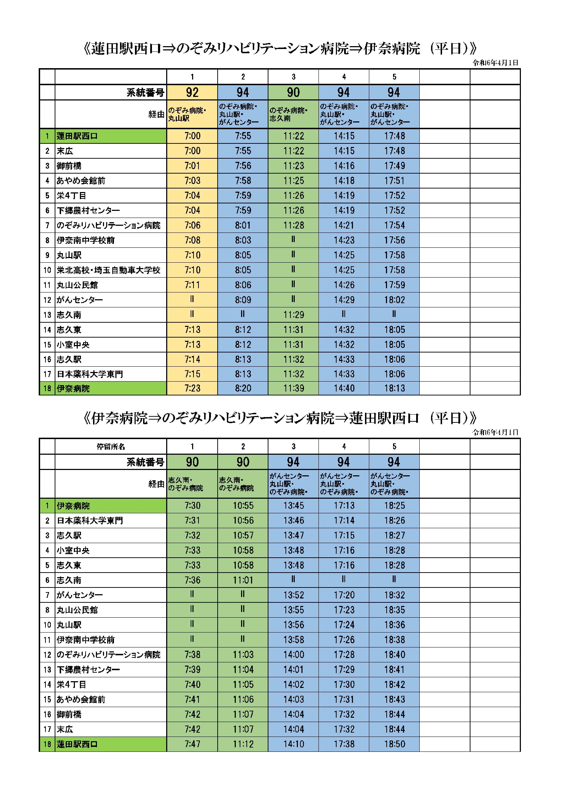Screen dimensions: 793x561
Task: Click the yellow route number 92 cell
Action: (192, 92)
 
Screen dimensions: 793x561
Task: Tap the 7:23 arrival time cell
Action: (192, 388)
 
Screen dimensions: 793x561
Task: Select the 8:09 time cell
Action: (243, 300)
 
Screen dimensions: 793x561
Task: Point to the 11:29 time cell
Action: (293, 315)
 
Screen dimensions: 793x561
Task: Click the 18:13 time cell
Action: (394, 388)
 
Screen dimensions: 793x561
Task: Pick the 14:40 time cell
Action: (344, 388)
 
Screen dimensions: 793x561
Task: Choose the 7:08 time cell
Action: (192, 240)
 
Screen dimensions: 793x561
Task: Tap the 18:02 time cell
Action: (394, 300)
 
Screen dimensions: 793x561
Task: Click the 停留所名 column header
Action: (111, 447)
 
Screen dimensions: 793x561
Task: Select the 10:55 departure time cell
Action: (243, 505)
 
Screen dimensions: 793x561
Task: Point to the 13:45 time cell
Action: (293, 505)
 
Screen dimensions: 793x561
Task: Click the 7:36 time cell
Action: (192, 580)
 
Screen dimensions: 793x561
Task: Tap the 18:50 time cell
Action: (394, 744)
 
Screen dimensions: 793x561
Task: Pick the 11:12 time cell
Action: (243, 744)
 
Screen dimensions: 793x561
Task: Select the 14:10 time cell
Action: (293, 744)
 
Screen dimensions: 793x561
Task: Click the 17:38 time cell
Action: (344, 744)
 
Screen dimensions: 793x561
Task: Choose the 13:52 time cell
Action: (293, 595)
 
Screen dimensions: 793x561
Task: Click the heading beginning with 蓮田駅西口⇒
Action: (280, 48)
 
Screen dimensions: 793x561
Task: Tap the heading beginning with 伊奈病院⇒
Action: (280, 418)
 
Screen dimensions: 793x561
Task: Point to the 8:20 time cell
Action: (243, 388)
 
